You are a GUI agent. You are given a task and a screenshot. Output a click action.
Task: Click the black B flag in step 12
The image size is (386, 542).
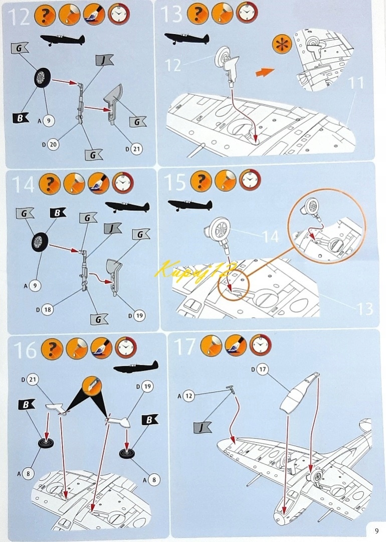pyautogui.click(x=21, y=118)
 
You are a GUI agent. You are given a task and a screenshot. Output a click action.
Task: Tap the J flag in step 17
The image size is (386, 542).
pyautogui.click(x=203, y=427)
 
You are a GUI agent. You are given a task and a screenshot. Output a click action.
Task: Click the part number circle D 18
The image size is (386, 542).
pyautogui.click(x=47, y=309)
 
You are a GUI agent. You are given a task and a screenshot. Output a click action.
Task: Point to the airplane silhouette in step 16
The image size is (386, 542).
pyautogui.click(x=136, y=368)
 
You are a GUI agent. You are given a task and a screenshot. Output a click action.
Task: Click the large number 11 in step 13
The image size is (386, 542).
pyautogui.click(x=356, y=83)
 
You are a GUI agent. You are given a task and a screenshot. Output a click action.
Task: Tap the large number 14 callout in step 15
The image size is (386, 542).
pyautogui.click(x=270, y=237)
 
